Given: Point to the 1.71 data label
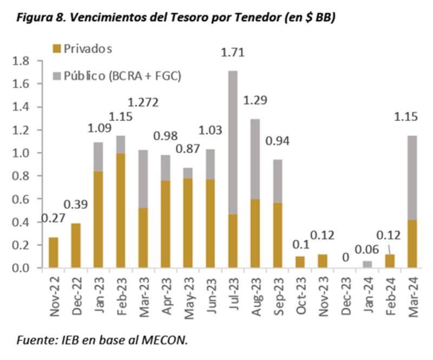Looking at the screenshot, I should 233,53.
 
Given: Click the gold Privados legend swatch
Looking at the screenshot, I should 57,49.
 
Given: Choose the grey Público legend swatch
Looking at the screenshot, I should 57,75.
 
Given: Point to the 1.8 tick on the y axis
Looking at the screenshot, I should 23,61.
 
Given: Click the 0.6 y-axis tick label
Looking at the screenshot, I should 23,199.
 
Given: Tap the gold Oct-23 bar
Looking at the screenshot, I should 300,262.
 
